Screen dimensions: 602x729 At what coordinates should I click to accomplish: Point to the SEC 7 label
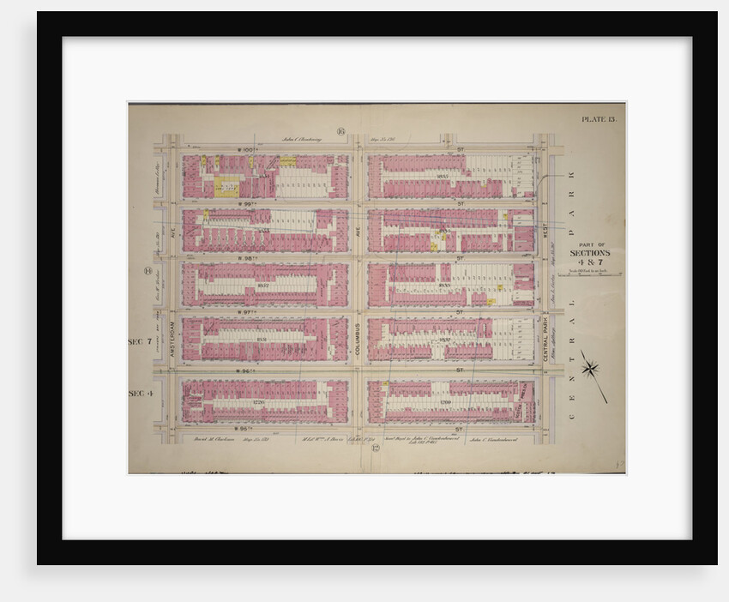click(139, 341)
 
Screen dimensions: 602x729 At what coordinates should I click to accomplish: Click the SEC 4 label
click(139, 394)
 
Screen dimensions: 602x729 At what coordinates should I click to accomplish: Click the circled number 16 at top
click(340, 131)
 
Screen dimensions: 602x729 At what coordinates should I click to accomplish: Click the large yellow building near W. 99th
click(226, 186)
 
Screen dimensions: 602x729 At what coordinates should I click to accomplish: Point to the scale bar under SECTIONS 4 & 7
click(590, 274)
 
